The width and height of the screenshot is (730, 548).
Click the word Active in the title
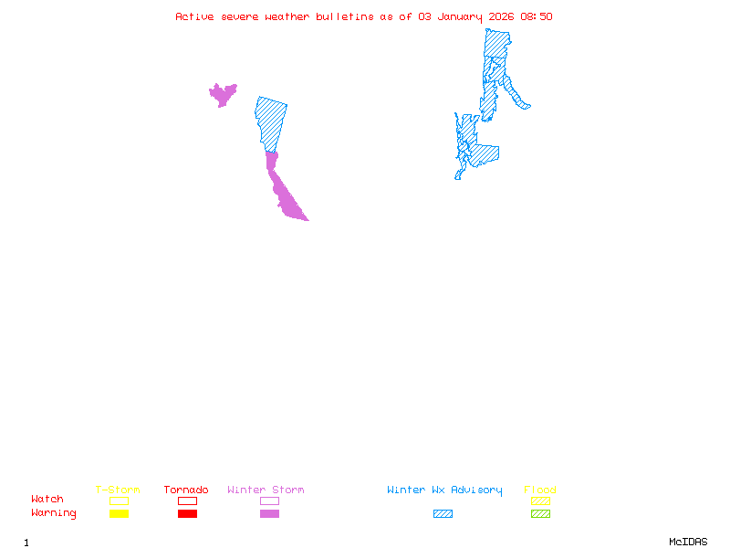(x=195, y=16)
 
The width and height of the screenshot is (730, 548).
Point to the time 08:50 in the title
(x=537, y=16)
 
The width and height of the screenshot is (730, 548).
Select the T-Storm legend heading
(x=118, y=490)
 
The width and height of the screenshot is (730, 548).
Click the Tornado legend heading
(x=186, y=490)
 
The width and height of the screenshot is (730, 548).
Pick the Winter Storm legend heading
(x=266, y=490)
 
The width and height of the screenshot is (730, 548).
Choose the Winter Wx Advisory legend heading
(x=444, y=490)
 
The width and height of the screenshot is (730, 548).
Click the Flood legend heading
(x=540, y=490)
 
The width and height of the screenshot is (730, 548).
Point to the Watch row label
(x=47, y=500)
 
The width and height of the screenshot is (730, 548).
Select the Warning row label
(x=54, y=513)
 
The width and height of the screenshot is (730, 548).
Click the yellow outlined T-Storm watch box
(x=119, y=501)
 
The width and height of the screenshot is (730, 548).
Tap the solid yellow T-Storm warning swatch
(x=119, y=514)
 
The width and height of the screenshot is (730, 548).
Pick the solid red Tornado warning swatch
(x=187, y=514)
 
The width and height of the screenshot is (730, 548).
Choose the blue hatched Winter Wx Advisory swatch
(x=443, y=514)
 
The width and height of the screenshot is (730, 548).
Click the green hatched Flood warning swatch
(x=540, y=514)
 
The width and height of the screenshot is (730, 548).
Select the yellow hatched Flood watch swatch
(x=540, y=501)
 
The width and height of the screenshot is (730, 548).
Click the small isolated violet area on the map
(x=222, y=94)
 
